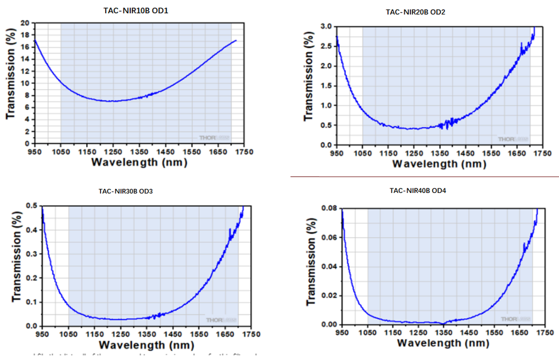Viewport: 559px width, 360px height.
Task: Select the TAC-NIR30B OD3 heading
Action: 130,192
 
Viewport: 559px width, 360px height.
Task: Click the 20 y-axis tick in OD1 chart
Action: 25,23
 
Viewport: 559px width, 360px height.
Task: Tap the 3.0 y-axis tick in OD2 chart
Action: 325,27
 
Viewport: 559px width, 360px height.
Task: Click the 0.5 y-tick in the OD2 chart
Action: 325,125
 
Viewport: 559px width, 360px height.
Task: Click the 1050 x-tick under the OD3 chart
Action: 68,334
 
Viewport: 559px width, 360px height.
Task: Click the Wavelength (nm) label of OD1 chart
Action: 139,162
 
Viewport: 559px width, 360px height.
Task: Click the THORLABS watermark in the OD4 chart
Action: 514,319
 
